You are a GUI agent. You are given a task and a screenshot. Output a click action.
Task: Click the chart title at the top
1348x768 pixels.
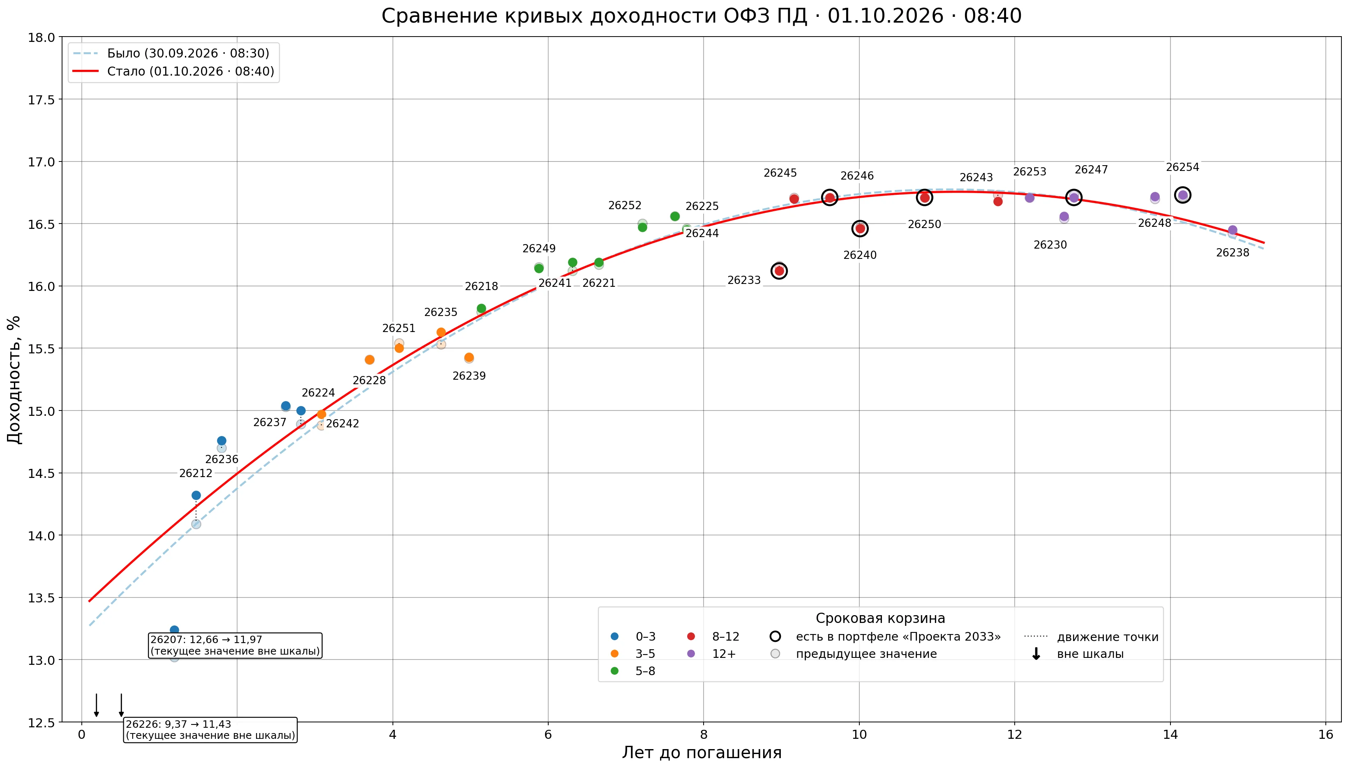click(702, 16)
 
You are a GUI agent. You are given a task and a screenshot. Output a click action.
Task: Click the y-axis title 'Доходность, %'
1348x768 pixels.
click(14, 380)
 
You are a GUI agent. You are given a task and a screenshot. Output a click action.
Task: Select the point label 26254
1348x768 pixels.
click(1182, 167)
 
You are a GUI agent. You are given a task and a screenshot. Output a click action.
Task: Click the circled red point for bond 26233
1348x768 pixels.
click(779, 271)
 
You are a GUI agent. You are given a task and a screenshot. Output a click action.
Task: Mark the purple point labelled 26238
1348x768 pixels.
click(1233, 231)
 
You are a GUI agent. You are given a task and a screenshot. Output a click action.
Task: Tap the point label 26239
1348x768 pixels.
click(469, 376)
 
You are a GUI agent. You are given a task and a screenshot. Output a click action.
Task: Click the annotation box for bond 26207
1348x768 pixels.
click(235, 646)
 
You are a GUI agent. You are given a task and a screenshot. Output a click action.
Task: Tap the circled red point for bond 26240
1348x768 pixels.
click(860, 228)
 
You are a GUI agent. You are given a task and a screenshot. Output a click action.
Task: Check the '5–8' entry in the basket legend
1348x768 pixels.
click(635, 671)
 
